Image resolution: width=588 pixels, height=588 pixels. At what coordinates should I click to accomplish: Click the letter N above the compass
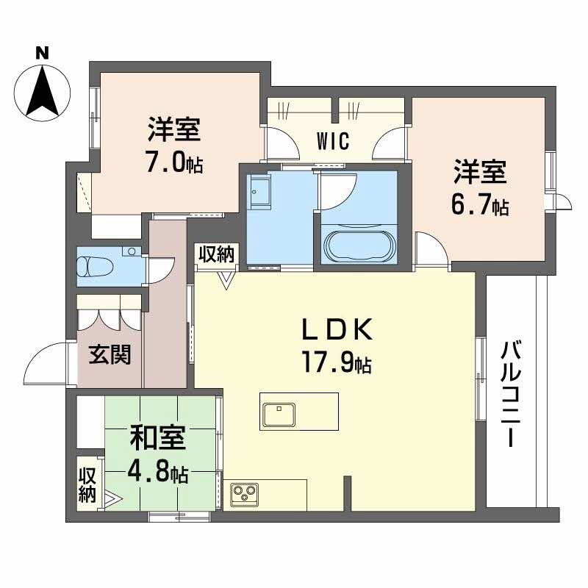[x=43, y=53]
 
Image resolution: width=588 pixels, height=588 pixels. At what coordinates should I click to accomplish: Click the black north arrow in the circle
[x=43, y=92]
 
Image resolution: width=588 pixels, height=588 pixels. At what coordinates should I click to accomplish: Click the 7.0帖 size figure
[x=174, y=162]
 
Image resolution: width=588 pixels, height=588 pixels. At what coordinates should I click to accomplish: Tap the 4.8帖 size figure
[x=159, y=470]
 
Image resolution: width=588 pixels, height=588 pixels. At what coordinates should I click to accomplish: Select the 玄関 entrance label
[x=110, y=355]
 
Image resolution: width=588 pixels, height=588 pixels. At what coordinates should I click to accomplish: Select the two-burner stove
[x=244, y=493]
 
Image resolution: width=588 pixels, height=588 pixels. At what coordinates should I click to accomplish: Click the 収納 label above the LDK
[x=216, y=254]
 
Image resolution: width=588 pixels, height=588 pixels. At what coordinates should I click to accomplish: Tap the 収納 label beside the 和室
[x=87, y=484]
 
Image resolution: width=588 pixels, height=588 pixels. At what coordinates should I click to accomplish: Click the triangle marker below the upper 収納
[x=226, y=279]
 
